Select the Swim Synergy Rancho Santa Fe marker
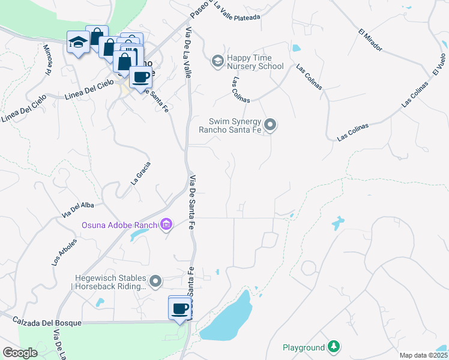click(270, 125)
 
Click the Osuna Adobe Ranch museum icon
click(166, 225)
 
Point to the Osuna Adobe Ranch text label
click(119, 226)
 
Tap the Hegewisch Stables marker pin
click(155, 281)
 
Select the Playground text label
click(304, 347)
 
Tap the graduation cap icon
click(77, 42)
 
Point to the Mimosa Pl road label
click(48, 60)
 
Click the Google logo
click(20, 353)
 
